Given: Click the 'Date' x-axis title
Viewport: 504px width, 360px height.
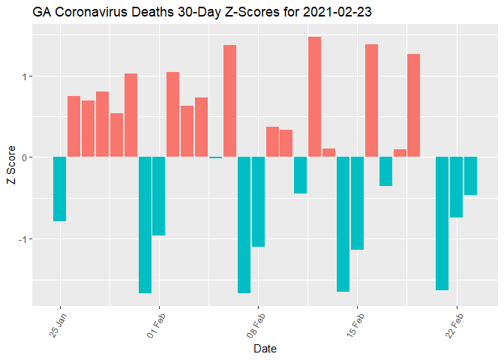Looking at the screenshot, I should (265, 348).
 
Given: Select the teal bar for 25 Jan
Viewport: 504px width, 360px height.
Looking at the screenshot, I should (60, 189).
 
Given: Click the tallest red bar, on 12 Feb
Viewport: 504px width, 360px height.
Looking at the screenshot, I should (315, 97).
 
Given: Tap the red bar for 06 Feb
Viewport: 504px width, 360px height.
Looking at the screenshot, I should (229, 101).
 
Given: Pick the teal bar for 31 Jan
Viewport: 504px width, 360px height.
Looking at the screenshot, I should (145, 225).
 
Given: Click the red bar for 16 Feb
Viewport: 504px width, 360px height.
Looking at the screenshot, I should (371, 100).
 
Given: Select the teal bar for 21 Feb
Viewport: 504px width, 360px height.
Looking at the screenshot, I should (442, 223).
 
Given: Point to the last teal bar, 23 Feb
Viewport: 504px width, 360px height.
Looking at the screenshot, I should (470, 176).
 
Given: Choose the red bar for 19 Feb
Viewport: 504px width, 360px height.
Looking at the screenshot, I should (414, 106).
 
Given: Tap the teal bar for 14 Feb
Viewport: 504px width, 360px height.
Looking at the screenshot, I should (343, 224).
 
